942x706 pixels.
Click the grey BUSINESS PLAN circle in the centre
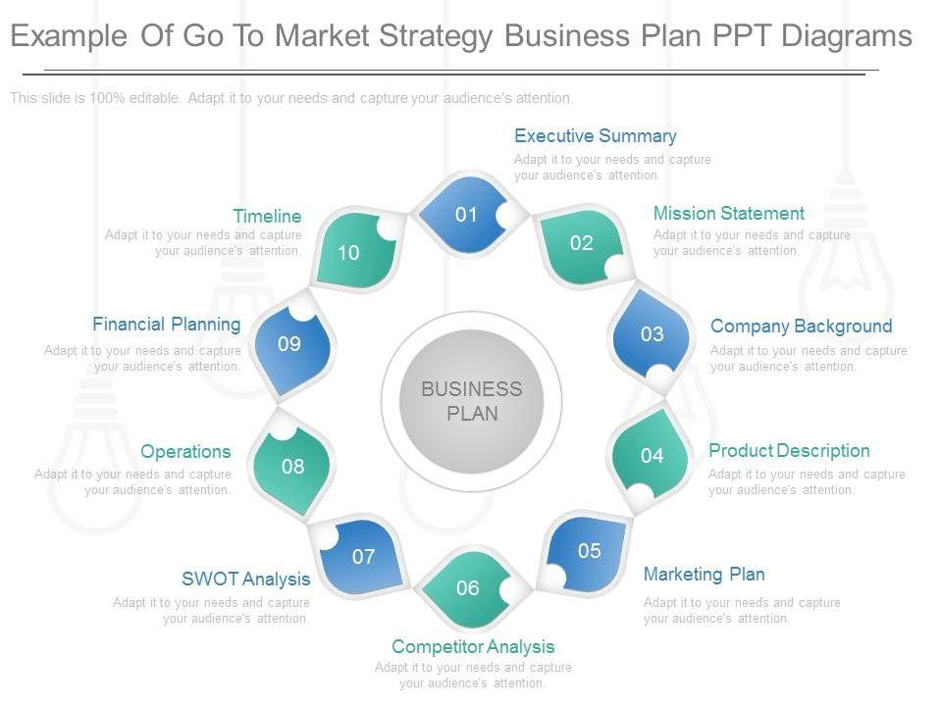[x=472, y=402]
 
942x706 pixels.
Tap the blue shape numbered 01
[x=466, y=215]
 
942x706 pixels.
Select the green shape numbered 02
[x=582, y=244]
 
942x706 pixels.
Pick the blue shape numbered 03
[x=653, y=334]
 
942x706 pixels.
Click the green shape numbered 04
[x=653, y=455]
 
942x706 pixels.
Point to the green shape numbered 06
[x=468, y=588]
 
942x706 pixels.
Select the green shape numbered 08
[x=292, y=467]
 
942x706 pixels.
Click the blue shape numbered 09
[x=289, y=344]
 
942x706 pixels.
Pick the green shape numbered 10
[x=348, y=253]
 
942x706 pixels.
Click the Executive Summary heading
[x=596, y=136]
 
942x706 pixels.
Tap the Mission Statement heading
[x=728, y=214]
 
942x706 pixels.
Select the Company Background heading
[x=801, y=327]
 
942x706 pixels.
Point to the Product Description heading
[x=789, y=451]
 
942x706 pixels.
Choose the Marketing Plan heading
[x=704, y=575]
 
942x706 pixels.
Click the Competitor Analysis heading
[x=473, y=647]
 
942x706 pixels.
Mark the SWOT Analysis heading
[x=245, y=580]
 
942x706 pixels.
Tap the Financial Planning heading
[x=167, y=325]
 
